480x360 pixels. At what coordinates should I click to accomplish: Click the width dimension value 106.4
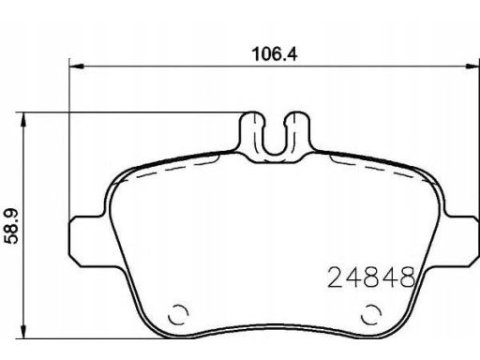(275, 53)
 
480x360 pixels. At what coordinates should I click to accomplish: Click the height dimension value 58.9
(11, 226)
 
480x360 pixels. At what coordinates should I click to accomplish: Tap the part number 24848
(371, 277)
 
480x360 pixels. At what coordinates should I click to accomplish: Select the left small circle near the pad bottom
(178, 314)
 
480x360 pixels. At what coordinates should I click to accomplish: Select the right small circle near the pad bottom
(371, 314)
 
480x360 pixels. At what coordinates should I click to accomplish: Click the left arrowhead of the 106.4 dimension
(77, 67)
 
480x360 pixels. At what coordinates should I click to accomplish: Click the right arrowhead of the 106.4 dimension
(472, 67)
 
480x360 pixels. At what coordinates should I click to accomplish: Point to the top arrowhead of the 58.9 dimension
(22, 120)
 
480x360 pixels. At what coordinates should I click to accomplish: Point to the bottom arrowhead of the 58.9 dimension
(22, 331)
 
